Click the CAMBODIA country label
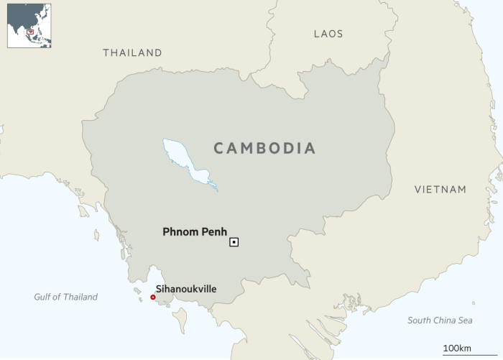pos(265,149)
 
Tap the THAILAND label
pos(132,52)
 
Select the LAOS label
pos(328,34)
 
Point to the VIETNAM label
pos(440,190)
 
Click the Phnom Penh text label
pos(195,232)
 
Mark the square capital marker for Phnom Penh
pos(234,242)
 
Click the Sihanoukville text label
pos(186,289)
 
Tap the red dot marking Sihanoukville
pos(152,297)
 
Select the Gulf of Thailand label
pos(65,297)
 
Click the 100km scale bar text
pos(456,348)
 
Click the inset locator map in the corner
pos(29,26)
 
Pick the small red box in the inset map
pos(30,31)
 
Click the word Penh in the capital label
pos(213,232)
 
